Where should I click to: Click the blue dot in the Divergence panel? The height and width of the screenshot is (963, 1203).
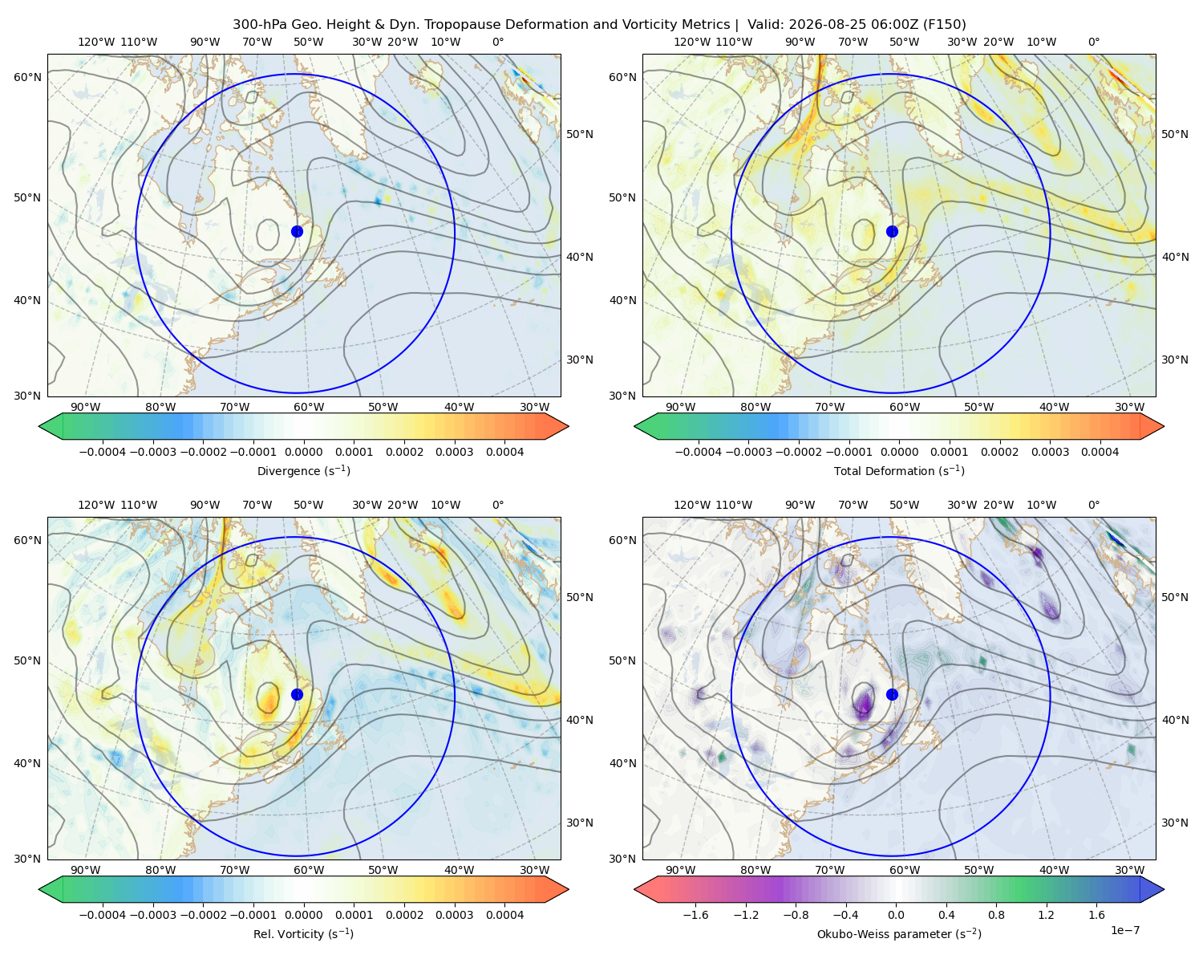297,231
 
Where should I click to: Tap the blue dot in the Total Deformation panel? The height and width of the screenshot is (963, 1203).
892,231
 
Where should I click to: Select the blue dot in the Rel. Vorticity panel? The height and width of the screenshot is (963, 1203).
297,694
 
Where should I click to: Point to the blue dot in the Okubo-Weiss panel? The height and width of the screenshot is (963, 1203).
892,694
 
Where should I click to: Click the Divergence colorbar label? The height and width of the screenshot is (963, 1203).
303,470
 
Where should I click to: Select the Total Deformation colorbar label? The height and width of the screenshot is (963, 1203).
899,470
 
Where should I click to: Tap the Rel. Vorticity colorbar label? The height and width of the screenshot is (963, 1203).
303,933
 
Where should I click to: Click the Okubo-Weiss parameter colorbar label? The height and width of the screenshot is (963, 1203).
899,933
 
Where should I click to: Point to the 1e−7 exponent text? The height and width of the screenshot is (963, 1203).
1124,930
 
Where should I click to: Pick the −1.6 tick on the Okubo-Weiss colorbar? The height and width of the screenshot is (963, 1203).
695,915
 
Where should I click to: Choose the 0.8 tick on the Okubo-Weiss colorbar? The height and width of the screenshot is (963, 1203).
996,915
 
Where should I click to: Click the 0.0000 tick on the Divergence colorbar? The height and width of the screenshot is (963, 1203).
303,452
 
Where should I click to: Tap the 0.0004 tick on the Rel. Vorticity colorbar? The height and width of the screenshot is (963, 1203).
504,915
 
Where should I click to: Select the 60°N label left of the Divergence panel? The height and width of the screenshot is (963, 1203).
27,77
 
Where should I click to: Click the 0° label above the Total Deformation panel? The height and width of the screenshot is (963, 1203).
1093,42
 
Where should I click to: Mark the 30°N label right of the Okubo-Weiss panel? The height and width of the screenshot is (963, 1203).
1174,823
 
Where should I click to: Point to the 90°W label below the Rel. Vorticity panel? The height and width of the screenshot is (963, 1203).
86,870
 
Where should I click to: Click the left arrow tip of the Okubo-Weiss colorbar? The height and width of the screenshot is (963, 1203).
634,889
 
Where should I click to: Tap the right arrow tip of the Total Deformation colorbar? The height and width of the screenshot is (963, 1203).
1164,426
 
